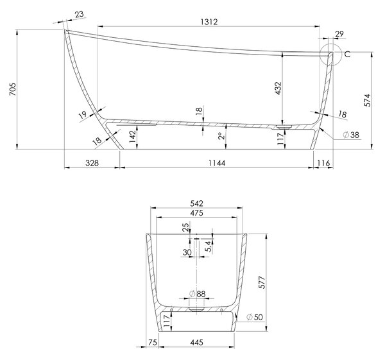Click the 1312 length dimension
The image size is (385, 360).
point(209,22)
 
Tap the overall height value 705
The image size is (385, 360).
point(13,89)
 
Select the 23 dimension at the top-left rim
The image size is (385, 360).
point(80,15)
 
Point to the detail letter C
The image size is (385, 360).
point(347,55)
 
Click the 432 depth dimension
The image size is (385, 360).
point(278,88)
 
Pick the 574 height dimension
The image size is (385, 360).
point(367,100)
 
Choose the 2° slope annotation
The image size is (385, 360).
point(221,136)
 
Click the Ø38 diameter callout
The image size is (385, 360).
point(351,135)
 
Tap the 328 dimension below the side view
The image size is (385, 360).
point(92,162)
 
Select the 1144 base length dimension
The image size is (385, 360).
point(217,162)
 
